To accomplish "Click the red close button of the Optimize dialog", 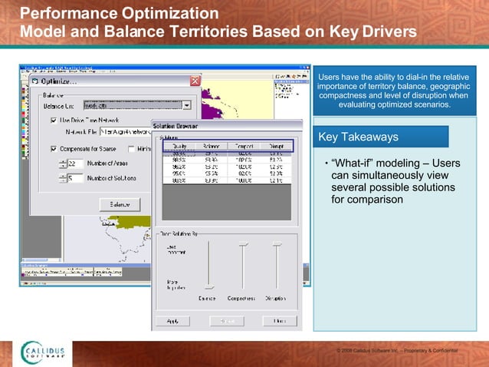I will click(195, 81).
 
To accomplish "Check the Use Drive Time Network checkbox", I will click(54, 120).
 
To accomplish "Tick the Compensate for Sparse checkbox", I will click(54, 148).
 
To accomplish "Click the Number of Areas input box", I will click(74, 164).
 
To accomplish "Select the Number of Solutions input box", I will click(74, 178).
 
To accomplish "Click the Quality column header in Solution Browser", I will click(180, 146).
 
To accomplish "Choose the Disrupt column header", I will click(276, 146).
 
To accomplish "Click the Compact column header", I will click(245, 146).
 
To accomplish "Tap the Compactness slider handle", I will click(244, 244).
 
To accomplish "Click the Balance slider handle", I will click(208, 286).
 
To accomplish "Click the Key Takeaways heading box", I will click(382, 137).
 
